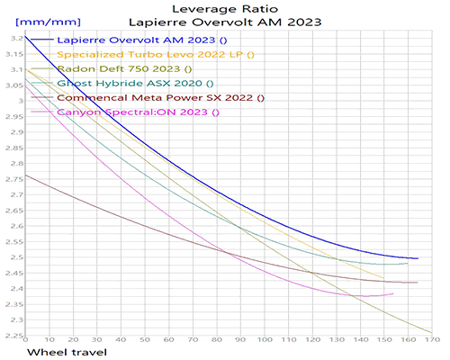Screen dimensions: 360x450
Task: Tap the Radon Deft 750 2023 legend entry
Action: click(x=124, y=69)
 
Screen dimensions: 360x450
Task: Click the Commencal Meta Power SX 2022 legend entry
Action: click(x=160, y=98)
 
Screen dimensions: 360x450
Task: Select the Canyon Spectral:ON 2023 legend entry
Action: click(x=137, y=112)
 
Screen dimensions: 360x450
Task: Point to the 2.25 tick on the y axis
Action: click(x=12, y=336)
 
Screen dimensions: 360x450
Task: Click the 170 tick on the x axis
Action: click(x=434, y=342)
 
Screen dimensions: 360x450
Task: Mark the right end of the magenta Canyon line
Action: click(x=393, y=293)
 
